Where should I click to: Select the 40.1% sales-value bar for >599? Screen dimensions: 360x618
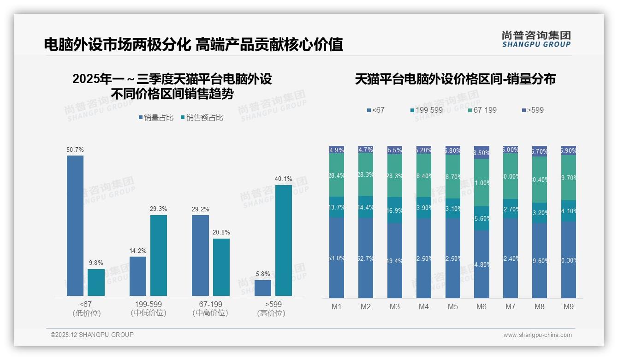tap(284, 240)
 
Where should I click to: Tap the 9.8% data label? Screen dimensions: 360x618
tap(96, 263)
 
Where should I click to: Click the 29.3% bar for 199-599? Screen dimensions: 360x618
tap(159, 255)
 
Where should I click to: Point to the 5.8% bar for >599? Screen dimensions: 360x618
tap(263, 288)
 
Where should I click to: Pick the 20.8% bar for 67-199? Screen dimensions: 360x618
tap(221, 267)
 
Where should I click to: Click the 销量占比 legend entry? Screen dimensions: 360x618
tap(156, 118)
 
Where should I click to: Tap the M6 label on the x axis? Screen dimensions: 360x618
tap(481, 307)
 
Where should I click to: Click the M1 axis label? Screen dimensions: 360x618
tap(337, 307)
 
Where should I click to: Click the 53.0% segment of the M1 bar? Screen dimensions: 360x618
tap(337, 258)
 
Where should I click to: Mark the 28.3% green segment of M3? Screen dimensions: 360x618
tap(395, 175)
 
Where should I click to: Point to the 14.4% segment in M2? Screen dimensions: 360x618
tap(366, 207)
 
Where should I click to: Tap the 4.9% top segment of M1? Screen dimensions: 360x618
tap(337, 150)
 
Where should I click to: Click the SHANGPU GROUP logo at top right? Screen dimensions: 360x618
tap(536, 39)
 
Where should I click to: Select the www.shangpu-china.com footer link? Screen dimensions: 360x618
tap(537, 335)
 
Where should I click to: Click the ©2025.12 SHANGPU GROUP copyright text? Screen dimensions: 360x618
tap(92, 335)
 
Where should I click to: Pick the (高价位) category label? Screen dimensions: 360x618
tap(271, 313)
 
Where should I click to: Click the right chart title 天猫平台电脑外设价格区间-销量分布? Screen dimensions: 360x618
tap(455, 79)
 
